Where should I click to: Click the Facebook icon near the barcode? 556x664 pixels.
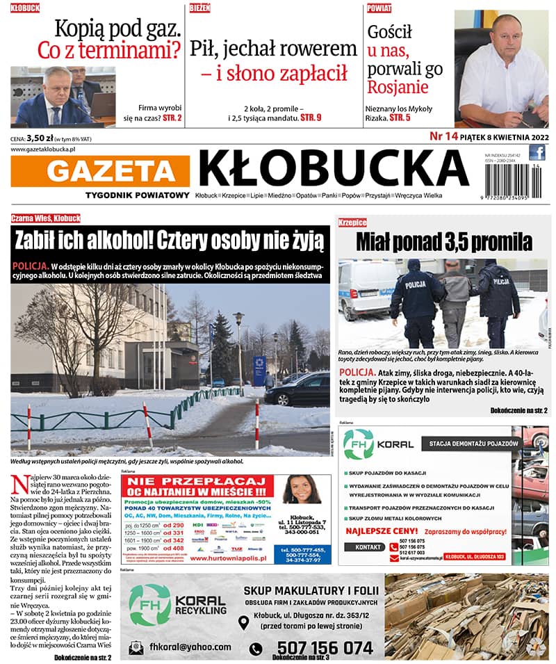[x=537, y=152]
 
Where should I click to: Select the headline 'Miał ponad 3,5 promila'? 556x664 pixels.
[x=443, y=242]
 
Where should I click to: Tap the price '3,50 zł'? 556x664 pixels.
[x=40, y=138]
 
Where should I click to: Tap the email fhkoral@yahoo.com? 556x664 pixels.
[x=190, y=647]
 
